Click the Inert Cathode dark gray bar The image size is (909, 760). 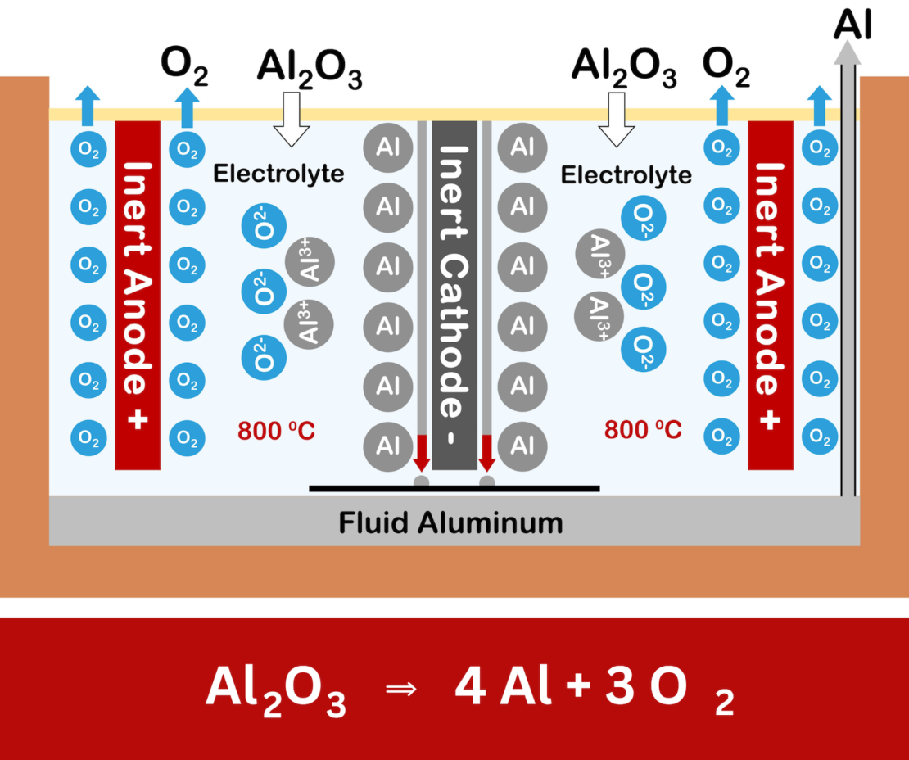pyautogui.click(x=454, y=295)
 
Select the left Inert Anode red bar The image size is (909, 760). pyautogui.click(x=138, y=295)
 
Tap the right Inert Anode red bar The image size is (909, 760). pyautogui.click(x=771, y=295)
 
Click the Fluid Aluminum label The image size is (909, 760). pyautogui.click(x=451, y=522)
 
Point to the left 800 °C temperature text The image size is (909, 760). pyautogui.click(x=276, y=430)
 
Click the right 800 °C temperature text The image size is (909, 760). pyautogui.click(x=643, y=430)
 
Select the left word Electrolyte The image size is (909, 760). pyautogui.click(x=278, y=174)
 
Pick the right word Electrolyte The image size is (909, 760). pyautogui.click(x=626, y=174)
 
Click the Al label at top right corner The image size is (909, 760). pyautogui.click(x=852, y=25)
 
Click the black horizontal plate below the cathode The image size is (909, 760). pyautogui.click(x=454, y=489)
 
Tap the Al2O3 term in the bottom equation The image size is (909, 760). pyautogui.click(x=275, y=690)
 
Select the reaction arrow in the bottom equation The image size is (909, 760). pyautogui.click(x=400, y=690)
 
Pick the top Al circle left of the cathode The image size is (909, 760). pyautogui.click(x=387, y=147)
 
